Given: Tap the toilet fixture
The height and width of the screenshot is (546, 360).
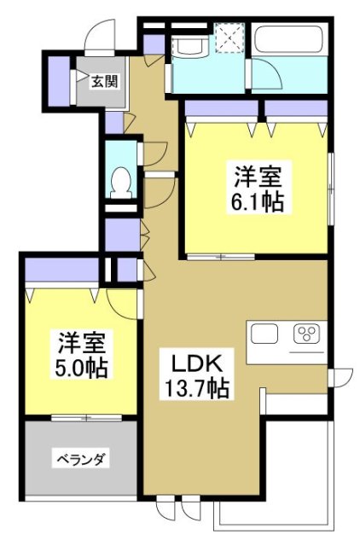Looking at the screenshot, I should click(122, 181).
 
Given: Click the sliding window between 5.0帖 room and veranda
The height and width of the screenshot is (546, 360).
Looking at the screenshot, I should click(84, 417).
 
